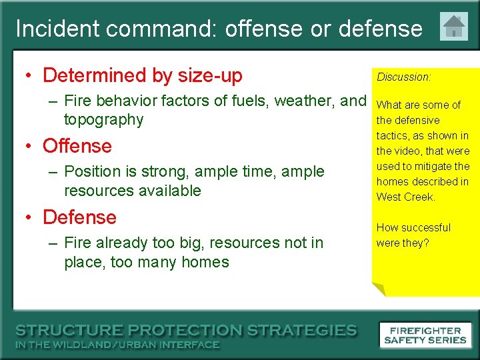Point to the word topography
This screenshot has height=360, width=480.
tap(103, 120)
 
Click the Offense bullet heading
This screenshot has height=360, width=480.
tap(77, 146)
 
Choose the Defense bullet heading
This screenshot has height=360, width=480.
tap(79, 217)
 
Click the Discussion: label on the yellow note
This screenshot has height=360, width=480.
tap(404, 77)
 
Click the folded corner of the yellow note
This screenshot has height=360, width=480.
tap(379, 289)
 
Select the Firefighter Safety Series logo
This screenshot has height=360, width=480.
tap(425, 335)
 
